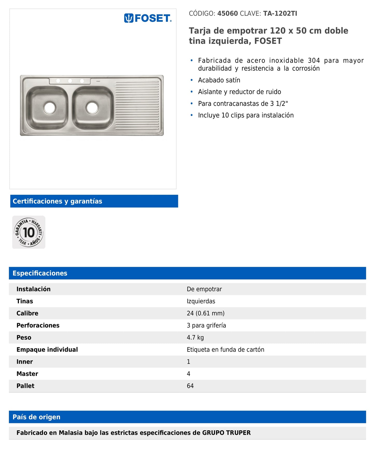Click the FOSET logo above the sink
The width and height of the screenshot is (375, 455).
(x=148, y=18)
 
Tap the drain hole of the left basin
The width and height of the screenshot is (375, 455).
(x=50, y=107)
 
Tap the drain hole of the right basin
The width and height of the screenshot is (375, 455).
(x=92, y=107)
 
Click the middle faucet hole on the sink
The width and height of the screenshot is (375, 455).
(x=70, y=81)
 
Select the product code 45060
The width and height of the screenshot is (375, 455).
(x=227, y=13)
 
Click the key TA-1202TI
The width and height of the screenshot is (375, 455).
(x=280, y=13)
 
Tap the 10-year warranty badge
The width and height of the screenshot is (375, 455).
(x=29, y=232)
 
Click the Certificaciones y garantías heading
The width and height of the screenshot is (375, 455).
(x=57, y=201)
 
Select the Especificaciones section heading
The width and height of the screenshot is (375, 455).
(x=40, y=273)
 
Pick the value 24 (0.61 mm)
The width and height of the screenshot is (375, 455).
(x=206, y=313)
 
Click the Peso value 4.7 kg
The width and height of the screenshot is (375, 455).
(x=195, y=337)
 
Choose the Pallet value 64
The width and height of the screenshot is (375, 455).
(x=190, y=386)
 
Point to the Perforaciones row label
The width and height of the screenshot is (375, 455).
(x=38, y=325)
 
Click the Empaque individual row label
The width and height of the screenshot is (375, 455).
(x=47, y=350)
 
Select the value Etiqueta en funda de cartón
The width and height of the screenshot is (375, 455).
(x=226, y=350)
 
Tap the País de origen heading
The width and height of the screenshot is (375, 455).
(x=37, y=417)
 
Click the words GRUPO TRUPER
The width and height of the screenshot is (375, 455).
(x=226, y=433)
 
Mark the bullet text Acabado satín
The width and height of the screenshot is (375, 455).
(x=219, y=80)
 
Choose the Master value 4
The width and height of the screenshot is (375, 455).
(x=189, y=374)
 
